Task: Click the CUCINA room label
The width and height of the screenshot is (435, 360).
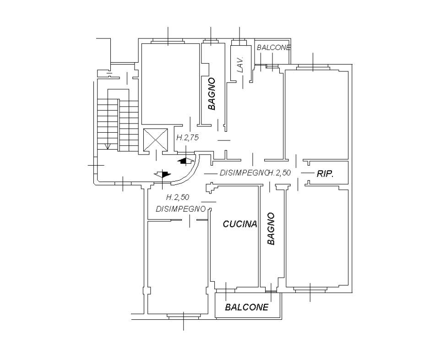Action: pyautogui.click(x=240, y=224)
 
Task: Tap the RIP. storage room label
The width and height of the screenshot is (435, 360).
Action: pyautogui.click(x=325, y=174)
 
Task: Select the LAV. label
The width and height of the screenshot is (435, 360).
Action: pyautogui.click(x=240, y=64)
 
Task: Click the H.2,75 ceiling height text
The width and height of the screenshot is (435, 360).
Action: pyautogui.click(x=188, y=138)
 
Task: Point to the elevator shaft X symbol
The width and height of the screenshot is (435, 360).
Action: pyautogui.click(x=156, y=140)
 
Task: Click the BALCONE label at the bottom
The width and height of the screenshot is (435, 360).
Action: pyautogui.click(x=247, y=307)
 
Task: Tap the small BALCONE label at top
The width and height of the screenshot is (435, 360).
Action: pyautogui.click(x=273, y=48)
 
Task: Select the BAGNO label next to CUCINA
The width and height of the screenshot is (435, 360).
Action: pyautogui.click(x=271, y=229)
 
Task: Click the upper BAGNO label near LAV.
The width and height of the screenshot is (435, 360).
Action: pyautogui.click(x=212, y=94)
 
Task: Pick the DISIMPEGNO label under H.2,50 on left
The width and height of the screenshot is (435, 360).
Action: pyautogui.click(x=181, y=209)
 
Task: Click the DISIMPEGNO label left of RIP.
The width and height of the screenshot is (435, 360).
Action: pyautogui.click(x=244, y=173)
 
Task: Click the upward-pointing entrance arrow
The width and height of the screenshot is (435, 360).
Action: pyautogui.click(x=185, y=161)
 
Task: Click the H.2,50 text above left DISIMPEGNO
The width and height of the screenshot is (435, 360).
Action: pyautogui.click(x=178, y=197)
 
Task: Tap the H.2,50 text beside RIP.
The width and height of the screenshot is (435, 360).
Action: pyautogui.click(x=279, y=172)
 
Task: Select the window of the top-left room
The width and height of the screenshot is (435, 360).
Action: pyautogui.click(x=168, y=42)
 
